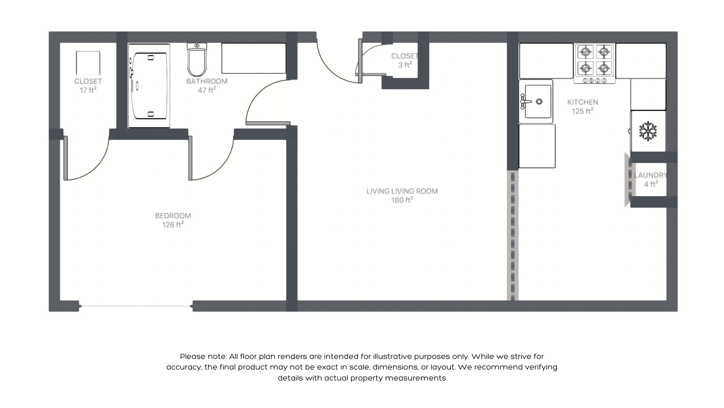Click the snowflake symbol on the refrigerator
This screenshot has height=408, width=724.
coord(648,131)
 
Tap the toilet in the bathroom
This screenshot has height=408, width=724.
coord(197,62)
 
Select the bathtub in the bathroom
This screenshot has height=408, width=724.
coord(149,86)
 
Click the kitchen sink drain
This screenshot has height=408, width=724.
coord(539,102)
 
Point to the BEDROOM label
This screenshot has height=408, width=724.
coord(173,216)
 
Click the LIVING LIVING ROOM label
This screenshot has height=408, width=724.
coord(402,191)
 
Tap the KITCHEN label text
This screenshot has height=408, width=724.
coord(582,102)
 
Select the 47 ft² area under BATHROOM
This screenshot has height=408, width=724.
coord(207,90)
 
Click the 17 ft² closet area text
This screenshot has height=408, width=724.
coord(88,90)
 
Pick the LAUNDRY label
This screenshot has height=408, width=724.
coord(650,175)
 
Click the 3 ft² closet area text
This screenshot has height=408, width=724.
coord(405,65)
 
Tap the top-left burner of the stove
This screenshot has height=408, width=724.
coord(585,52)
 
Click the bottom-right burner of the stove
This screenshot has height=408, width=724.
coord(604,68)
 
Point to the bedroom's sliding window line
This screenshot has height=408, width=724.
coord(136,306)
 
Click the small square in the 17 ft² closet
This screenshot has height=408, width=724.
coord(88,63)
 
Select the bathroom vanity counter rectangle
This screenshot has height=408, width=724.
coord(253,58)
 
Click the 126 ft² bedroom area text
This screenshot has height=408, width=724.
coord(173,225)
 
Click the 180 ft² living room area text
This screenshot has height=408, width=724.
coord(402,200)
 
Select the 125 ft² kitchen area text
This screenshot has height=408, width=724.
coord(582,111)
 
